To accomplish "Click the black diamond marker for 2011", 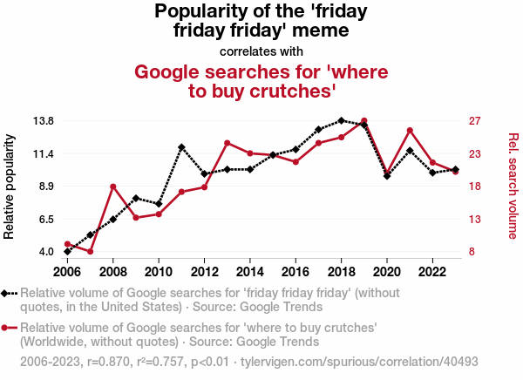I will (x=181, y=147).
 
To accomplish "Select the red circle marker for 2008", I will (x=113, y=187).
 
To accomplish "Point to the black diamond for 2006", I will (x=68, y=251).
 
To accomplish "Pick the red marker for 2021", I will (x=410, y=131).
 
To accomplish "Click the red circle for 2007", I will (x=91, y=251).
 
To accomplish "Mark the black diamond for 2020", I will (x=387, y=176).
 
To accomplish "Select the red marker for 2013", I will (x=228, y=143).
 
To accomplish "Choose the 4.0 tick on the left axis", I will (x=45, y=252).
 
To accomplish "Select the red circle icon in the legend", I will (x=7, y=328).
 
